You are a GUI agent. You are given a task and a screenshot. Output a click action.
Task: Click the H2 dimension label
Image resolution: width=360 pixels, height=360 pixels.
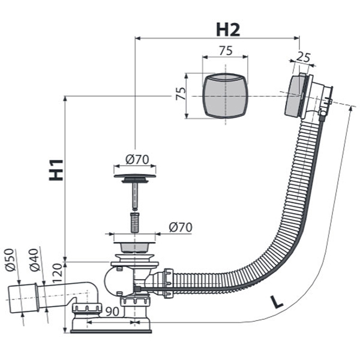[x=228, y=28]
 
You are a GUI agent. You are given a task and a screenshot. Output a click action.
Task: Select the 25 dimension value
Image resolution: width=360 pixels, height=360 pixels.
[x=304, y=58]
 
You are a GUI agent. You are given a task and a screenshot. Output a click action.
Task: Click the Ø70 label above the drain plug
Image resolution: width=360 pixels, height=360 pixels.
[x=136, y=160]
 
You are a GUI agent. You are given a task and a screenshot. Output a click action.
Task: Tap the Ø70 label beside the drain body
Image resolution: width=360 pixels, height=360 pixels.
[x=180, y=227]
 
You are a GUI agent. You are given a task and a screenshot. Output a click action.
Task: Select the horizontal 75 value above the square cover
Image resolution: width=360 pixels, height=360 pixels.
[x=225, y=51]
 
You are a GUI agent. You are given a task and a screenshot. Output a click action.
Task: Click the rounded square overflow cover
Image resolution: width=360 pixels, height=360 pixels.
[x=225, y=96]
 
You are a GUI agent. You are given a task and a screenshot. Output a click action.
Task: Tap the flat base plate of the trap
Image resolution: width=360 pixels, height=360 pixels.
[x=112, y=328]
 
